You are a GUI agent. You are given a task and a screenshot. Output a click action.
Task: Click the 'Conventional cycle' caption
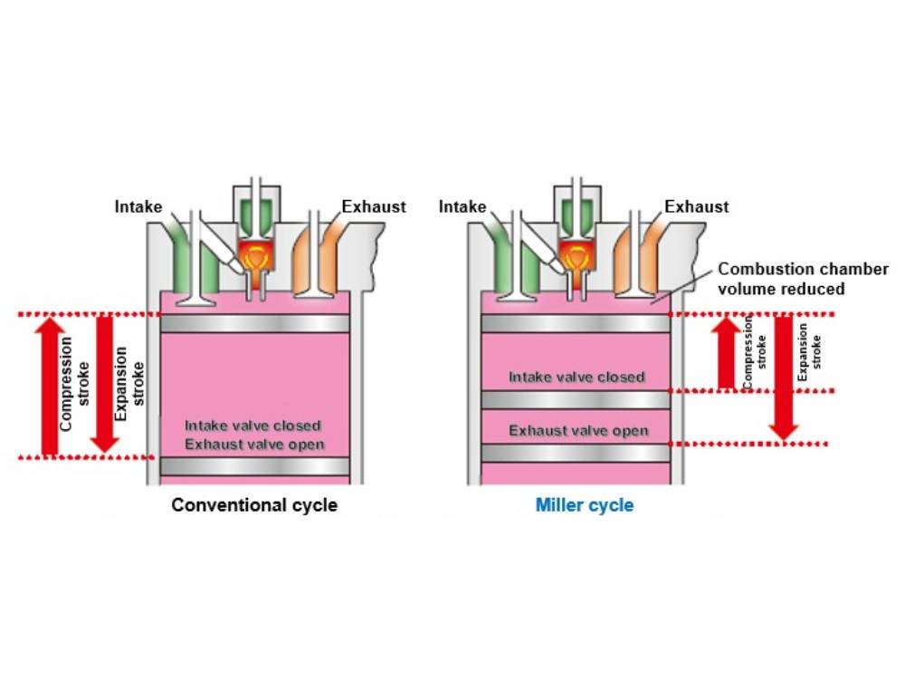254,504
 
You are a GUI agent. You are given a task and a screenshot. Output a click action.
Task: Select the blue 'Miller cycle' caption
584,504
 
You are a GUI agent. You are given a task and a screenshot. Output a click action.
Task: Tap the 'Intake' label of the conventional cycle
138,206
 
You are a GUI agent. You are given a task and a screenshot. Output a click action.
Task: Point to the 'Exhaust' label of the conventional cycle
374,206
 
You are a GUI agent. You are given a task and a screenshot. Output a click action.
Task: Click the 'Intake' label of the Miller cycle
462,206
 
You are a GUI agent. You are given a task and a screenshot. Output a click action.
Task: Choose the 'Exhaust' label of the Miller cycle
696,206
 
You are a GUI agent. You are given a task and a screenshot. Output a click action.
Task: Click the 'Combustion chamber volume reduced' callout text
780,279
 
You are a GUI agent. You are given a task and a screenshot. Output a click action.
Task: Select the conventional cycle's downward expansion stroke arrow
106,385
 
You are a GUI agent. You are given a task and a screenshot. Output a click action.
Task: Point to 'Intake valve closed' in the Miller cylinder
576,377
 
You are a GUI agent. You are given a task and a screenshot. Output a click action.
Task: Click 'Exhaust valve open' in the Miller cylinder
577,430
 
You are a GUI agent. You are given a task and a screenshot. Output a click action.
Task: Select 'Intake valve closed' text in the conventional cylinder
253,426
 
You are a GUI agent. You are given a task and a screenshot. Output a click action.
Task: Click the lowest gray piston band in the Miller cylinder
576,453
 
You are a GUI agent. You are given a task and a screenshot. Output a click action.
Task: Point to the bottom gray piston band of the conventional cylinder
254,466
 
